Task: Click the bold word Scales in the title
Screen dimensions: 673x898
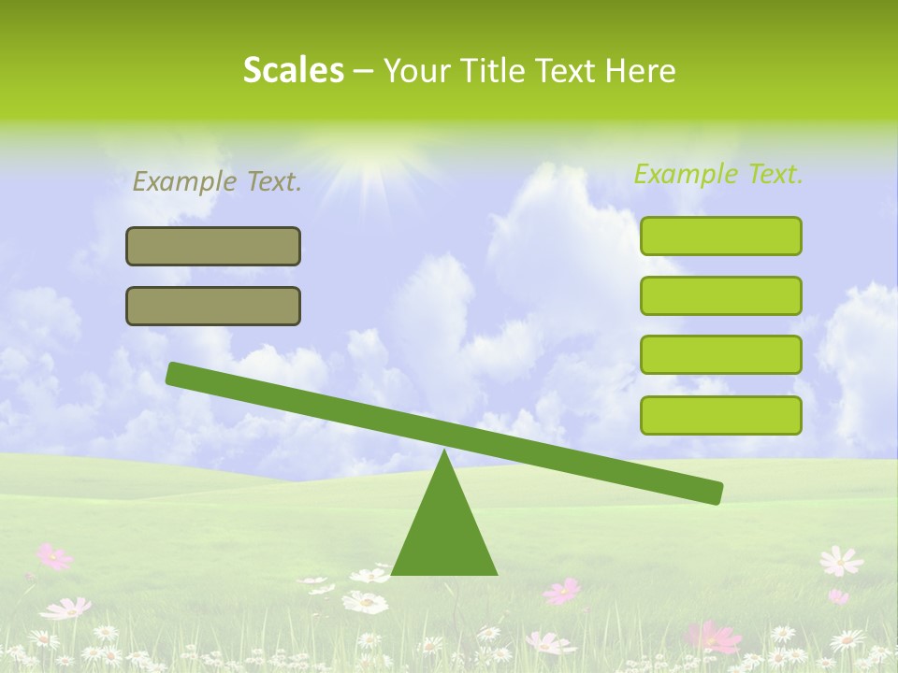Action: (293, 70)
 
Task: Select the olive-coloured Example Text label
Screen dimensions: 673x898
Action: (217, 181)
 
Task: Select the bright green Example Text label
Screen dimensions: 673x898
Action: (718, 174)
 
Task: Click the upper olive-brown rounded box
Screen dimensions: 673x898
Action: (213, 246)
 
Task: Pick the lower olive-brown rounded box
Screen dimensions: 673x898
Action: (213, 306)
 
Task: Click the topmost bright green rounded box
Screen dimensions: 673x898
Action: (720, 236)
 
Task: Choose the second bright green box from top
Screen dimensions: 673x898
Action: (720, 295)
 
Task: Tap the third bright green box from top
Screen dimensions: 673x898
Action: (720, 355)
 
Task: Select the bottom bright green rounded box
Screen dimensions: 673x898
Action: (720, 415)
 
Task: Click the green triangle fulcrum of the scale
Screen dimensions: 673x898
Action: (444, 533)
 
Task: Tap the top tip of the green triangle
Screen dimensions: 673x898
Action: (444, 453)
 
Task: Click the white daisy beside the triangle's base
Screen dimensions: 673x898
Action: (365, 602)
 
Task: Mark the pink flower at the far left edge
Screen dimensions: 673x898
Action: (53, 557)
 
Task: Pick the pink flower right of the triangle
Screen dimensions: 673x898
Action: (562, 591)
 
